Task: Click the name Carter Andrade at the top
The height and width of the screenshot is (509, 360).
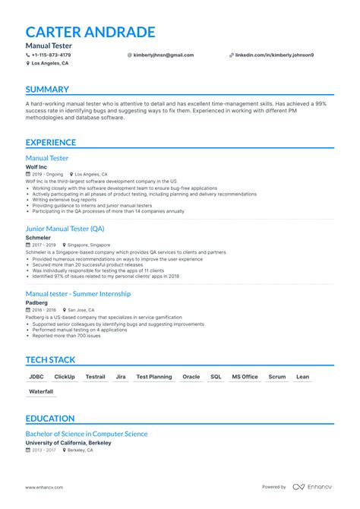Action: pyautogui.click(x=90, y=32)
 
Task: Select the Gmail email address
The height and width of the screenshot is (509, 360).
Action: pyautogui.click(x=163, y=55)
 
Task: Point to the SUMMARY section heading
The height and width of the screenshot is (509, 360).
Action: pyautogui.click(x=47, y=90)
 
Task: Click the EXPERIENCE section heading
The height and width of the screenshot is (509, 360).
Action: pyautogui.click(x=51, y=142)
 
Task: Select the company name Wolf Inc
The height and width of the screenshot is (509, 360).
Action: pyautogui.click(x=38, y=166)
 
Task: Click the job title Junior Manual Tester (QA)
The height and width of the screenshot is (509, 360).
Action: pyautogui.click(x=65, y=229)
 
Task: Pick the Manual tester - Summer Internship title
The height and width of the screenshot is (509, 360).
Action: pyautogui.click(x=78, y=293)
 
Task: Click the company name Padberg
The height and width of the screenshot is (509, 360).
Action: pyautogui.click(x=37, y=302)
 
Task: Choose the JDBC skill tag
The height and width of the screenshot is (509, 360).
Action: pyautogui.click(x=36, y=377)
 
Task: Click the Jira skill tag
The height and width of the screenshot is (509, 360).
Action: pyautogui.click(x=121, y=377)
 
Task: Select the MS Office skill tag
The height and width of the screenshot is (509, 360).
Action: pyautogui.click(x=245, y=377)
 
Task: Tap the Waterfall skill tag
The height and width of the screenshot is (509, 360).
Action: pyautogui.click(x=41, y=391)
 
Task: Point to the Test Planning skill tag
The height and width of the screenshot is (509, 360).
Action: pyautogui.click(x=153, y=377)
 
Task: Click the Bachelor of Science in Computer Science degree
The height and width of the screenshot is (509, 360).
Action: pyautogui.click(x=87, y=434)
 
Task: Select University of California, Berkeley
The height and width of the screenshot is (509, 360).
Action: pyautogui.click(x=68, y=442)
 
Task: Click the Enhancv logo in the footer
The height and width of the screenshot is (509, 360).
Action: pyautogui.click(x=314, y=487)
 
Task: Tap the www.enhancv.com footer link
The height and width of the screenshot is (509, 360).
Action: pyautogui.click(x=44, y=487)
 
